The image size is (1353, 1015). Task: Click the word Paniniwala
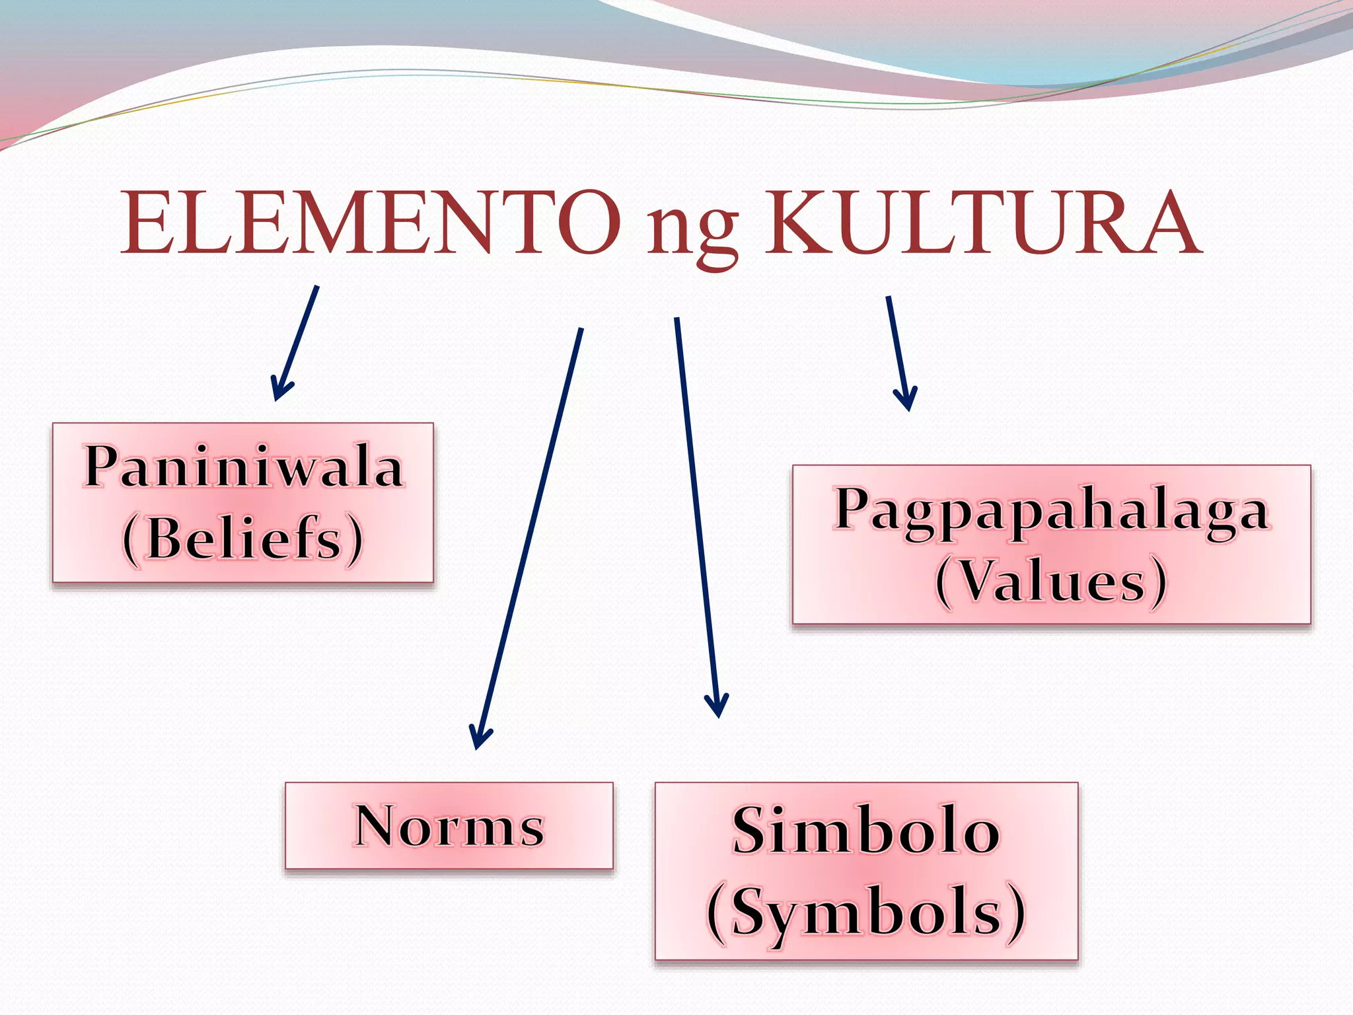244,467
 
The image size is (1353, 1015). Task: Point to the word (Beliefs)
243,539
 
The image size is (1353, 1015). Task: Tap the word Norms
449,825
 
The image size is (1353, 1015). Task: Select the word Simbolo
865,831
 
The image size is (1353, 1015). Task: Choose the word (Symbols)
865,912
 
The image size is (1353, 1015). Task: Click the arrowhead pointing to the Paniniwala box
280,390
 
